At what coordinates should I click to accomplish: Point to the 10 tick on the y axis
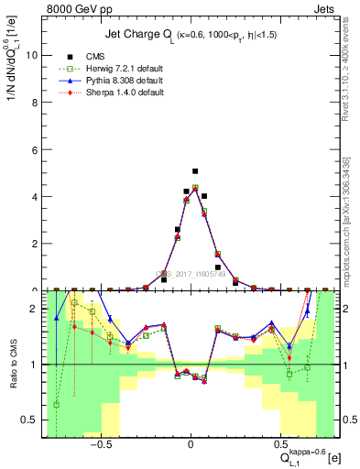32,55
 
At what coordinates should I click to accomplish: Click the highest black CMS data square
195,171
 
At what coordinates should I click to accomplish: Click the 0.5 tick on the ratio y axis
30,420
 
